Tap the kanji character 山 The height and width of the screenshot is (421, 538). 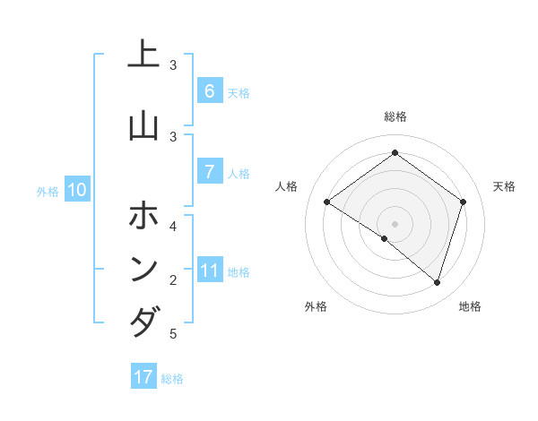pos(143,125)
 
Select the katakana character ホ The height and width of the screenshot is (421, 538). pos(143,215)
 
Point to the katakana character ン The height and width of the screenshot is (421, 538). pos(143,268)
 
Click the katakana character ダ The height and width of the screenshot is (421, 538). pos(143,322)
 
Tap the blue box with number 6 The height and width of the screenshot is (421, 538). pos(209,90)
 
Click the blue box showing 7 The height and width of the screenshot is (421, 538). pos(209,171)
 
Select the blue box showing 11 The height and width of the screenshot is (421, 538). pos(209,271)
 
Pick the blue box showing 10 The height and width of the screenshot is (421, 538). pos(76,190)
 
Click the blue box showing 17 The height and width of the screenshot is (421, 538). pos(143,376)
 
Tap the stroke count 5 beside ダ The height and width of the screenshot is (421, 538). pos(173,334)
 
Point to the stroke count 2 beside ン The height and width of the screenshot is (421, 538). pos(173,280)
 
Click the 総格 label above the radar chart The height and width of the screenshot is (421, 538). pos(395,116)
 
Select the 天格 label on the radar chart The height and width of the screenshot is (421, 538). pos(505,186)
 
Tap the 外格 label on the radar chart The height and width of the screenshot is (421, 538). pos(316,306)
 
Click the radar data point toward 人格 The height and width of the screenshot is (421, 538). pos(326,202)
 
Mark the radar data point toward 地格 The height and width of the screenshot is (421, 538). pos(438,282)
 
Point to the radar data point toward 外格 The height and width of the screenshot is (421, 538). pos(384,238)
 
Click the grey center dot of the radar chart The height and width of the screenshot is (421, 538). pos(395,223)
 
